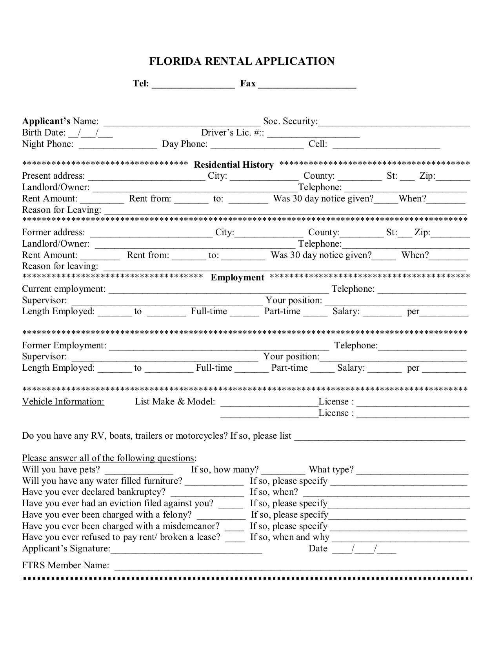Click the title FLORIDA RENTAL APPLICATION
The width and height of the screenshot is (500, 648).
[x=242, y=61]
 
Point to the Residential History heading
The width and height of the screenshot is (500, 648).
[x=234, y=165]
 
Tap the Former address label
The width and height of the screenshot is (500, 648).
[x=53, y=232]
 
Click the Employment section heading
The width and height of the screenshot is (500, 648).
[x=237, y=277]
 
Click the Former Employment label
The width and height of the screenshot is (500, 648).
[x=64, y=346]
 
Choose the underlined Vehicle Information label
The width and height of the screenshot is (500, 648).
[x=63, y=402]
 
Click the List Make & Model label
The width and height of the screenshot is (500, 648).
[x=175, y=402]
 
